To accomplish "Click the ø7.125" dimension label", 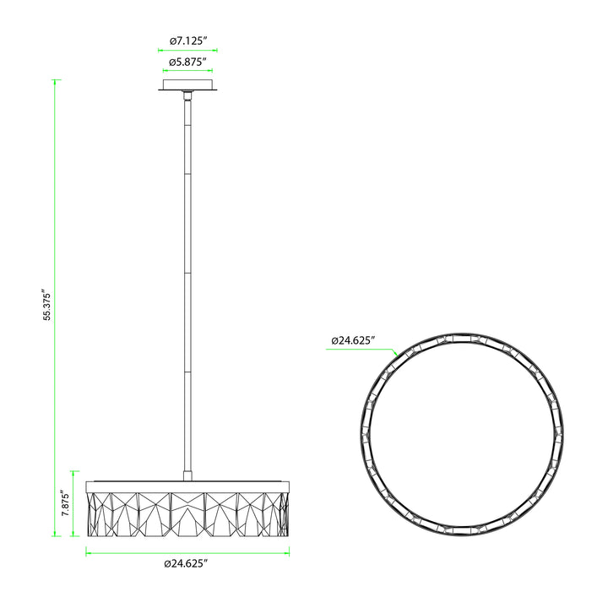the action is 188,41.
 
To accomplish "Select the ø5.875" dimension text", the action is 187,62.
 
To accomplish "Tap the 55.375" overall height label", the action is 47,304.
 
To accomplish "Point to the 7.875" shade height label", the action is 66,504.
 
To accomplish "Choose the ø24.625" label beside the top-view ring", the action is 353,340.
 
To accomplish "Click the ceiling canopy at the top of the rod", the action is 187,85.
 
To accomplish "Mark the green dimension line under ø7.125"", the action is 187,50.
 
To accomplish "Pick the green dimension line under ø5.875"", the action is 187,71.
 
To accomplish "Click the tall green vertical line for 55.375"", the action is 55,308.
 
